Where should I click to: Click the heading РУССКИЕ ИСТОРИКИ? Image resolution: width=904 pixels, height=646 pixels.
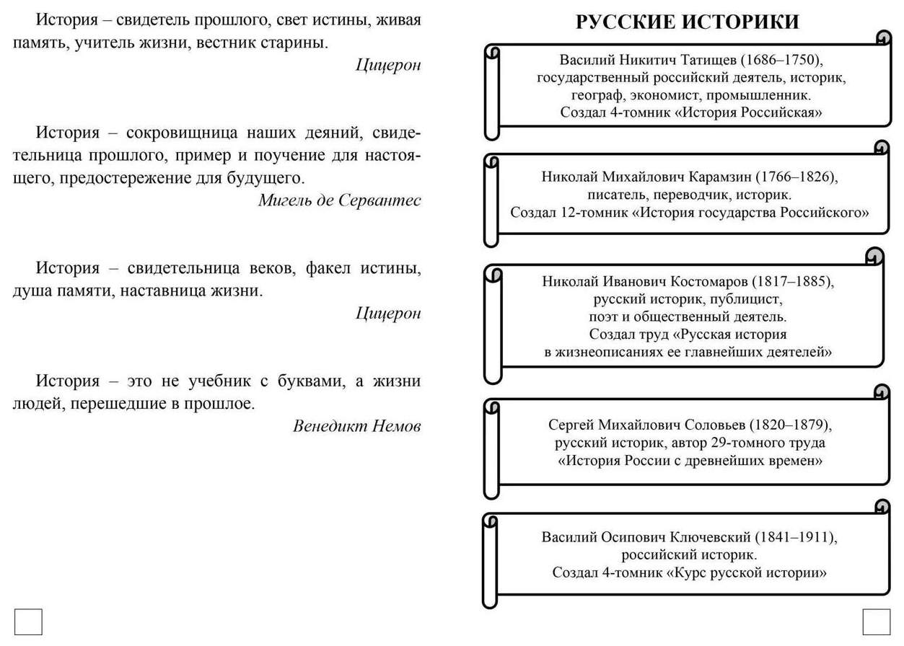687,22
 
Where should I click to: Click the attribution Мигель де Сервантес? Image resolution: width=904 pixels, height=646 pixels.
339,200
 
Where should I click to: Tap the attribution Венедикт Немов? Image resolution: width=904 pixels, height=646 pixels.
356,426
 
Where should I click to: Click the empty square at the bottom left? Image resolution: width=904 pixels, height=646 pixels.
28,621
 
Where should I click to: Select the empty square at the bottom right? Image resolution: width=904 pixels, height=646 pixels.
876,621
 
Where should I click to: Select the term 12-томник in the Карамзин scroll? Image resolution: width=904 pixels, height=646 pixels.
581,213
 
